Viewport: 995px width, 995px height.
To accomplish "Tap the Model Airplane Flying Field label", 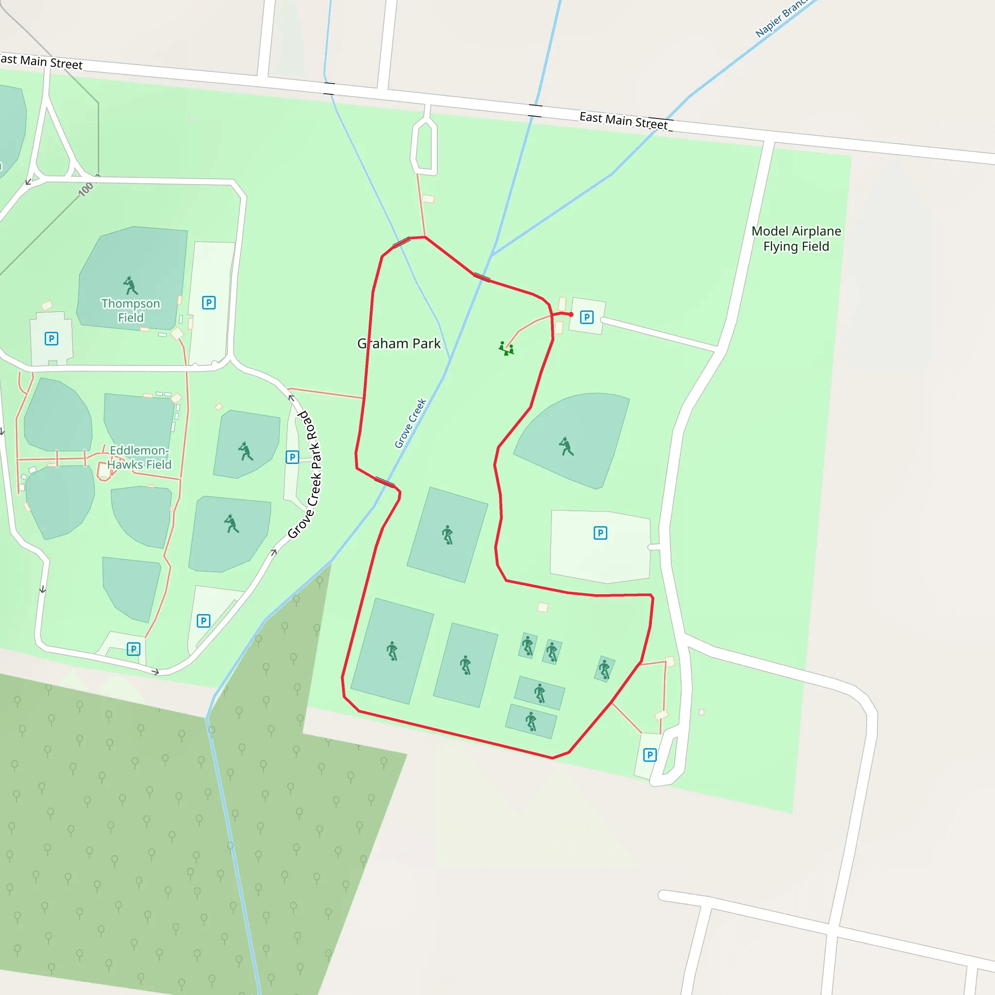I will point(796,239).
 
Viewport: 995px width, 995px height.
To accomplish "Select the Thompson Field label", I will point(131,310).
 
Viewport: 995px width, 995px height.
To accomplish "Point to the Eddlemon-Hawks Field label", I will point(139,457).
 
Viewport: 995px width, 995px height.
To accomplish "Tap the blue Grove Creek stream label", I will point(410,423).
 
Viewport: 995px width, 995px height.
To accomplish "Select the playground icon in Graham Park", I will point(506,349).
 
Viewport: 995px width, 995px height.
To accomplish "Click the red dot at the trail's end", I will point(571,314).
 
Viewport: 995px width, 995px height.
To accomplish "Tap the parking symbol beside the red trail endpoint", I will point(586,317).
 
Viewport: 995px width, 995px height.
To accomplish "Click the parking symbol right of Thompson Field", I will point(208,303).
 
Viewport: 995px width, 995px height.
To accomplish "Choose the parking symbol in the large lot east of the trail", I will point(600,533).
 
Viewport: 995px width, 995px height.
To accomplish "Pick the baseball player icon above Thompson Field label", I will point(130,285).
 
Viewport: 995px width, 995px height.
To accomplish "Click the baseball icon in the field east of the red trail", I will point(566,446).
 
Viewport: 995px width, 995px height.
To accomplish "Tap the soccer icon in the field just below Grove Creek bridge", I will point(447,535).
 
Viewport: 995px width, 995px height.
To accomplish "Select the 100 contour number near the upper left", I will point(86,189).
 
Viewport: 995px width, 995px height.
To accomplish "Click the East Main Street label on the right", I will point(624,121).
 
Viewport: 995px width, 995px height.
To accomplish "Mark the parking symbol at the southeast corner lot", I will point(650,755).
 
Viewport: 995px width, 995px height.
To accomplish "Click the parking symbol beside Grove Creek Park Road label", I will point(292,457).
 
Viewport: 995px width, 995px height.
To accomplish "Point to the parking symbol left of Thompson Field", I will point(51,339).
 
